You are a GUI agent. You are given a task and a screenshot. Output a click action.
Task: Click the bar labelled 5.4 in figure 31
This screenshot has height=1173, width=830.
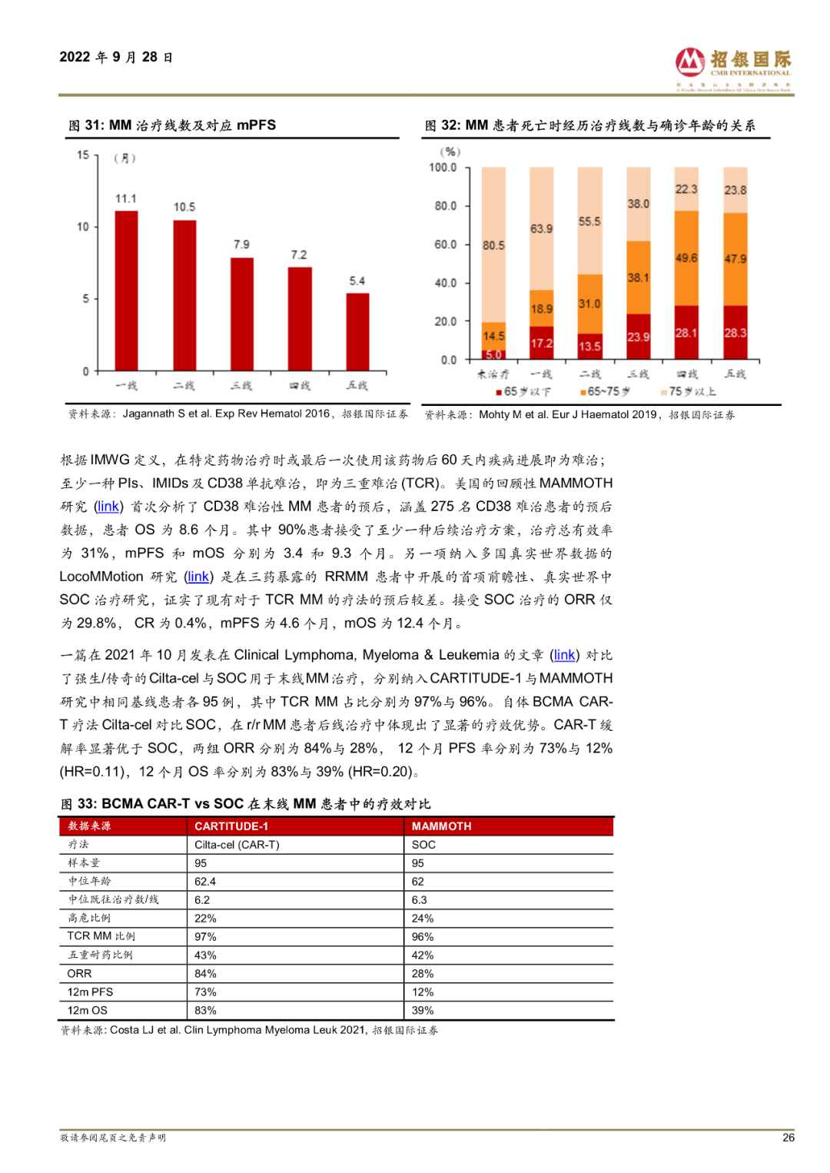pos(357,331)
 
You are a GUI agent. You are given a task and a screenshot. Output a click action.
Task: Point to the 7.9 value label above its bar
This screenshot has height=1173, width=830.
pos(241,244)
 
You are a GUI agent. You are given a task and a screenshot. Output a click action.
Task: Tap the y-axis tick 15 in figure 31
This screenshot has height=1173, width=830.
pos(83,155)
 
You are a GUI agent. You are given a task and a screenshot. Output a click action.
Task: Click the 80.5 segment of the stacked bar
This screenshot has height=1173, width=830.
pos(493,245)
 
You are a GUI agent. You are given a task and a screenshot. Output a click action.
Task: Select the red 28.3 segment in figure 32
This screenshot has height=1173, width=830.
pos(735,333)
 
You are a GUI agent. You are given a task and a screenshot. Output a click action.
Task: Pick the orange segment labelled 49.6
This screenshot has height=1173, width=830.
pos(686,258)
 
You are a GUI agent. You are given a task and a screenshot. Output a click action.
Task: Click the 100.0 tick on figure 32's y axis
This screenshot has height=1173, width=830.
pos(443,168)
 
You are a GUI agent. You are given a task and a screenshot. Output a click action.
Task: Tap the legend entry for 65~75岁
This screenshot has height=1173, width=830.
pos(605,392)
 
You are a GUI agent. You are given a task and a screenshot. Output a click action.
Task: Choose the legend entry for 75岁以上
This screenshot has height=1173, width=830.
pos(689,392)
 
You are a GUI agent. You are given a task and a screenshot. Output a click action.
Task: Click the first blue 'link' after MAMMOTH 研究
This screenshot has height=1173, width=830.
pos(108,507)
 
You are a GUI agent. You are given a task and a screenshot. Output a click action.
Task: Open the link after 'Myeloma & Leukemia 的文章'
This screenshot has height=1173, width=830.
pos(564,655)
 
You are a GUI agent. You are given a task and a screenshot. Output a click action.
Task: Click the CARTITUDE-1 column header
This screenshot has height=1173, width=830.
pos(231,826)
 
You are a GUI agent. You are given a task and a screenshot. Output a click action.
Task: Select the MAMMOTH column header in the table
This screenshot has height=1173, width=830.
pos(442,826)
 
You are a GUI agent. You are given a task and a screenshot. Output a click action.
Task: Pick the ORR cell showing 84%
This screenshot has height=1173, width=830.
pos(206,974)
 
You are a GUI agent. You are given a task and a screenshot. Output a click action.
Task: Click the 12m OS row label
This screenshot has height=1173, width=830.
pos(88,1011)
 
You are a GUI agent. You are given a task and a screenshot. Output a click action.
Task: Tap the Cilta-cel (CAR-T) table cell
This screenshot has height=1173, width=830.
pos(237,845)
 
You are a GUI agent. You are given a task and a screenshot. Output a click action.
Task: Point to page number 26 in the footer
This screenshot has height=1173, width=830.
pos(788,1138)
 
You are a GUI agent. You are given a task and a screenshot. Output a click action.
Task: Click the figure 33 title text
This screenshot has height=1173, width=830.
pos(246,804)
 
